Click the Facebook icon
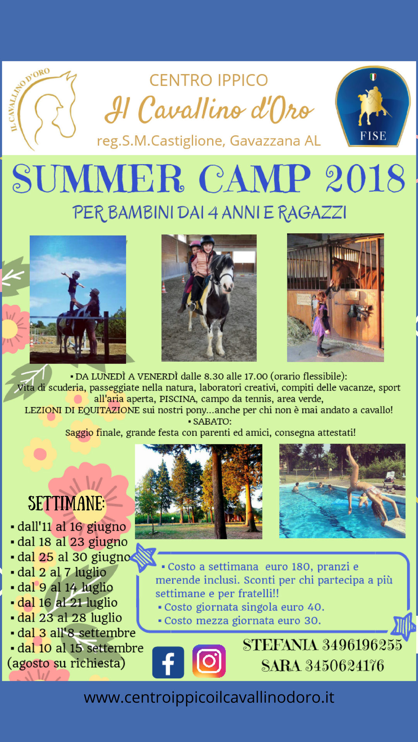168,662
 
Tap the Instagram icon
209,661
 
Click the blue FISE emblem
373,106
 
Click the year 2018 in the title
365,179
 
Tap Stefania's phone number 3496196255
362,645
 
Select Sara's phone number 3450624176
344,666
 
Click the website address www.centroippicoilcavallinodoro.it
209,698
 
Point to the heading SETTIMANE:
67,503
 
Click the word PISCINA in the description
178,399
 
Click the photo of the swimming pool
343,491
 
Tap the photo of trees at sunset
199,492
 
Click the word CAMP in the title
255,179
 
